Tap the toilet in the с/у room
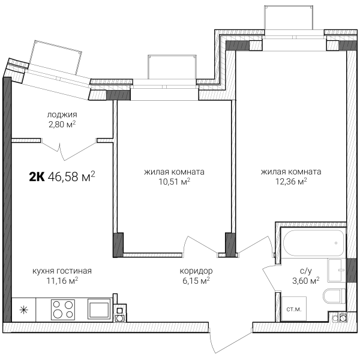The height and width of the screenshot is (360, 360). click(334, 296)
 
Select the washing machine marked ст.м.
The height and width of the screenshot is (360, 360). click(294, 308)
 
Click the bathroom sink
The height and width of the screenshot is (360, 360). click(337, 270)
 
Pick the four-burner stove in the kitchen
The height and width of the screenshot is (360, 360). click(63, 310)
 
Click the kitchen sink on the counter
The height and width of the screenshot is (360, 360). click(99, 309)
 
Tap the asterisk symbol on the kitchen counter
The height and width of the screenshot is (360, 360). click(23, 310)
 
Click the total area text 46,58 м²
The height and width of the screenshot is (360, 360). click(71, 176)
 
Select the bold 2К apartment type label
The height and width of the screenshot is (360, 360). click(37, 177)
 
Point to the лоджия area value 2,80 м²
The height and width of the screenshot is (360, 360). click(62, 124)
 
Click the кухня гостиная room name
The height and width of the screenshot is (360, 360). click(62, 271)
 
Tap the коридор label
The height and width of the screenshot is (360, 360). click(196, 271)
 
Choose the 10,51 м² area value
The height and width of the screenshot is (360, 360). click(175, 182)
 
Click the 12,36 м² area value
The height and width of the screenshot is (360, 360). click(291, 182)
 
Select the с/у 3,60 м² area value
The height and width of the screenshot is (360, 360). click(306, 280)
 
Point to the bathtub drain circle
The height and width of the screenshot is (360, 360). click(336, 243)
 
